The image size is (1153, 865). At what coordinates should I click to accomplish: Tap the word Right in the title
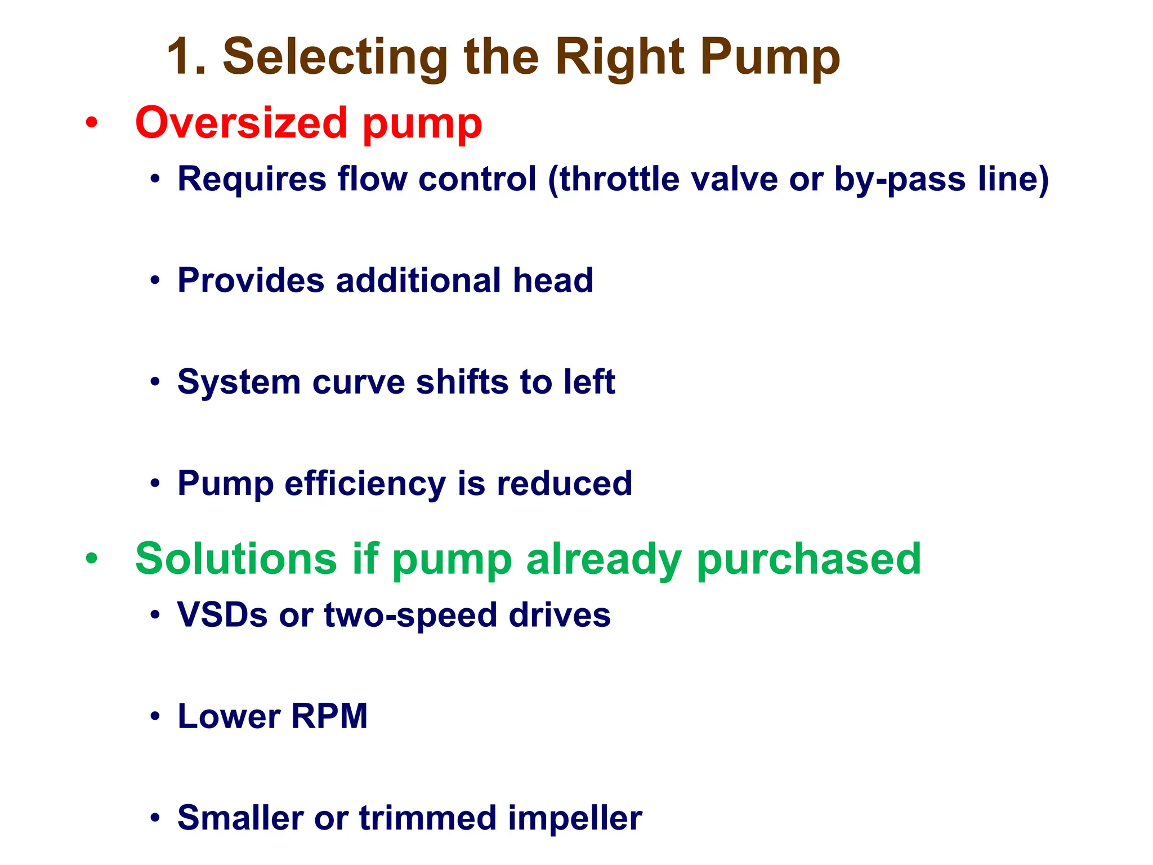click(620, 57)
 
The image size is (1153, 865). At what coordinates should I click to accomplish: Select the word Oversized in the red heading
click(242, 123)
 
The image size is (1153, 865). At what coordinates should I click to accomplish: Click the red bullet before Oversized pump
click(92, 122)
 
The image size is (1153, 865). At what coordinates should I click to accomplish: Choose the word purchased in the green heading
click(809, 559)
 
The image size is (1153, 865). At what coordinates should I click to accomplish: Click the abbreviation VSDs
click(222, 614)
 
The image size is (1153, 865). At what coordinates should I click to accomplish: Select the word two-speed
click(411, 614)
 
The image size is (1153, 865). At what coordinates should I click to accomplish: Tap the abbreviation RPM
click(329, 716)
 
